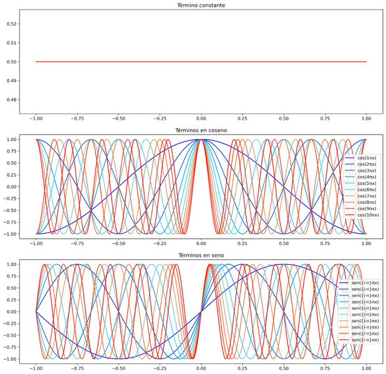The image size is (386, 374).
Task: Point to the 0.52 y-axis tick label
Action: [11, 24]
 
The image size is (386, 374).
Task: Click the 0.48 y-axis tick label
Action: [11, 100]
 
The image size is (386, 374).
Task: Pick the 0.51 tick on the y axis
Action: [11, 43]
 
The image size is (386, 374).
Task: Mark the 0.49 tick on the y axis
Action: [11, 81]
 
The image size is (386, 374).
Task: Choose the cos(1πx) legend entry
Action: [366, 158]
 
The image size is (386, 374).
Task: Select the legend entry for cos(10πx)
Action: [367, 215]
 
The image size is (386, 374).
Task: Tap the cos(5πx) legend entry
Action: [366, 183]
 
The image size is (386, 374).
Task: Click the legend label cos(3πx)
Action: [366, 171]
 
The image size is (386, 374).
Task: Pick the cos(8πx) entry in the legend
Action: [366, 203]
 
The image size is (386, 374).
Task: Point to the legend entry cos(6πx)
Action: [366, 189]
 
